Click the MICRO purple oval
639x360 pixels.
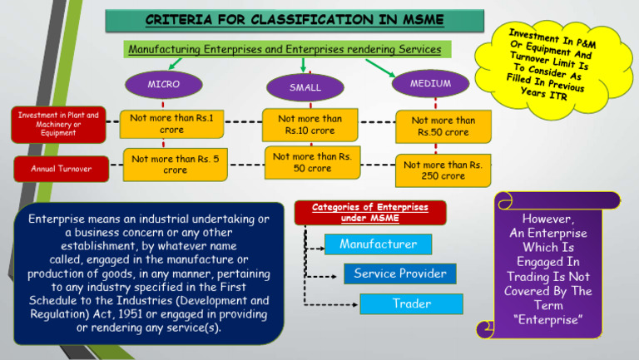(x=163, y=84)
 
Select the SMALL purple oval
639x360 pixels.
(x=305, y=87)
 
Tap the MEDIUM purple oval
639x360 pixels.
(x=430, y=84)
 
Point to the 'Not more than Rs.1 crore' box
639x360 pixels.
(x=171, y=124)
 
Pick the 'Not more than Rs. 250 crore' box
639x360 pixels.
(x=442, y=170)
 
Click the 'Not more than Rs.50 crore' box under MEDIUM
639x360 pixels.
(x=443, y=126)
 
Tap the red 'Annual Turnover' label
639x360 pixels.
(x=54, y=169)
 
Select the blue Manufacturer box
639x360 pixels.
(x=378, y=244)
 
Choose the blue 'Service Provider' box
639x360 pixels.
(x=400, y=274)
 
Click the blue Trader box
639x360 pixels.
(x=411, y=303)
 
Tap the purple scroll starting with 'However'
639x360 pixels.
(x=547, y=267)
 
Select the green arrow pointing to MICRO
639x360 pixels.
(x=175, y=63)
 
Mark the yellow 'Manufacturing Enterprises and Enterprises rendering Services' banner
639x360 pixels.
(x=284, y=49)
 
